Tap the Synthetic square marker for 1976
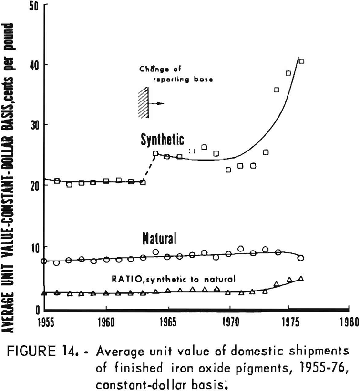click(301, 61)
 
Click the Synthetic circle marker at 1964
click(155, 153)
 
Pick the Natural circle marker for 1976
click(300, 258)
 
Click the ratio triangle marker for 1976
click(300, 278)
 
